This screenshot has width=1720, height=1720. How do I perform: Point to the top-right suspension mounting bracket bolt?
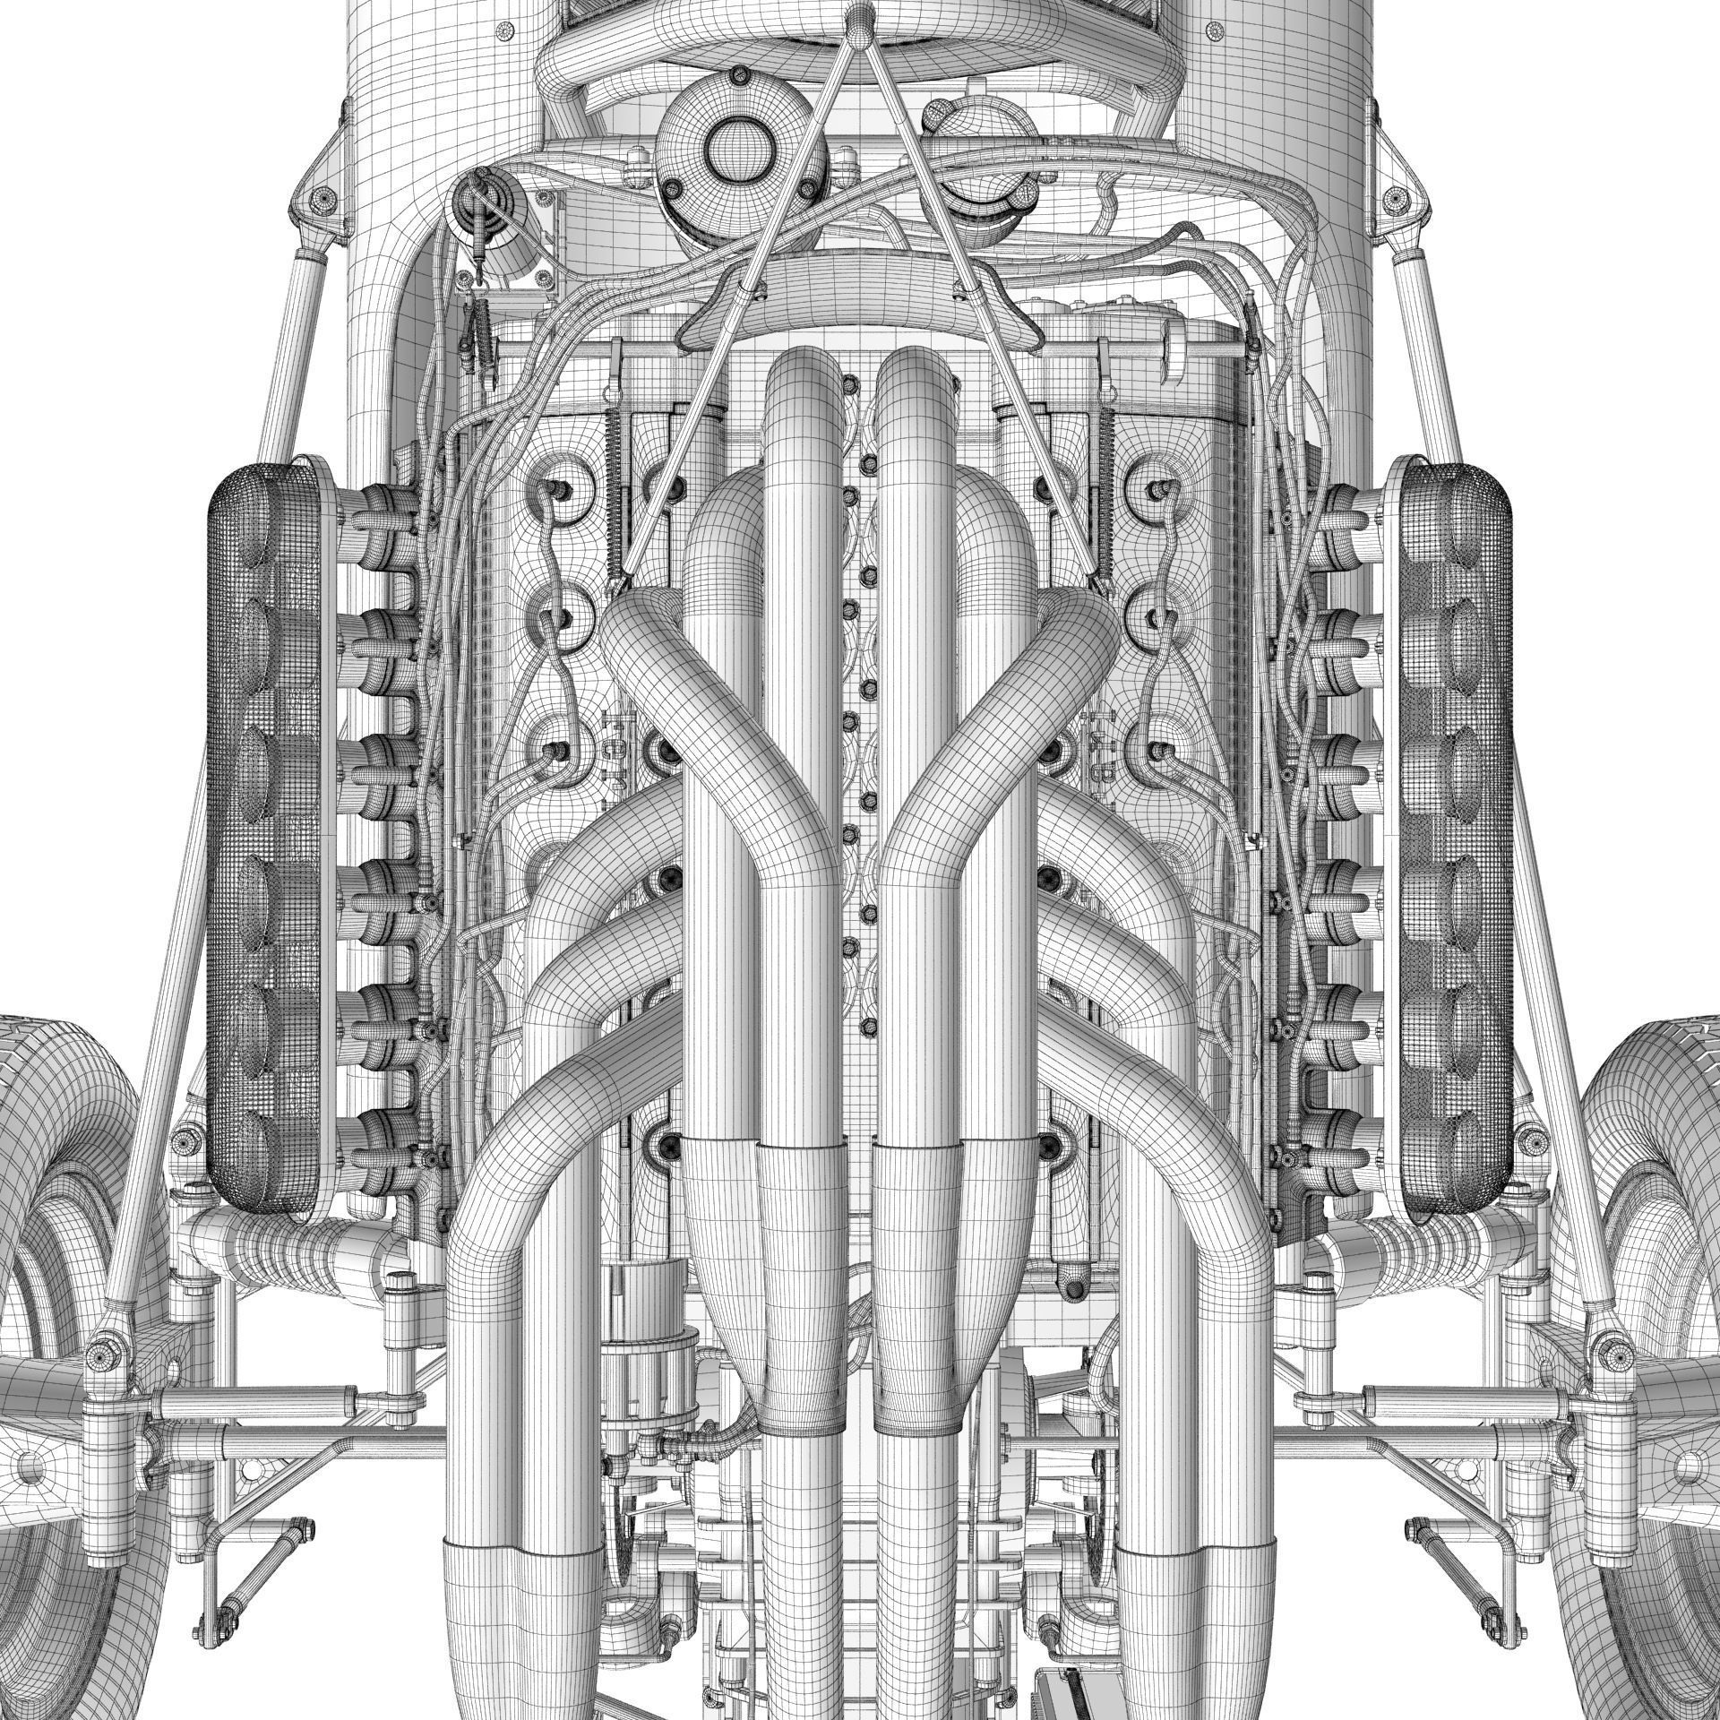1397,195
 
